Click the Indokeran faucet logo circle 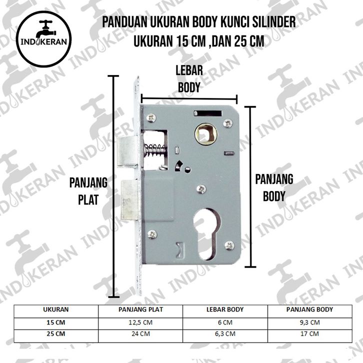tap(44, 39)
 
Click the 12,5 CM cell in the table tap(140, 322)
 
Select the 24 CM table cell tap(140, 334)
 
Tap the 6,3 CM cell tap(225, 334)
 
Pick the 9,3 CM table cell tap(310, 322)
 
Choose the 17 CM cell tap(310, 334)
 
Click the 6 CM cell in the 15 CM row tap(225, 322)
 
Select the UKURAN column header tap(56, 309)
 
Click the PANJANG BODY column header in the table tap(310, 309)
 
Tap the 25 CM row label tap(56, 334)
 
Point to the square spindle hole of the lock tap(206, 133)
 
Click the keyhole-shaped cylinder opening tap(206, 234)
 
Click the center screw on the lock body tap(201, 189)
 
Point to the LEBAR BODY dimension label tap(189, 79)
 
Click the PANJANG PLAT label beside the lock tap(88, 191)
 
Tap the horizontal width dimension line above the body tap(189, 99)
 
